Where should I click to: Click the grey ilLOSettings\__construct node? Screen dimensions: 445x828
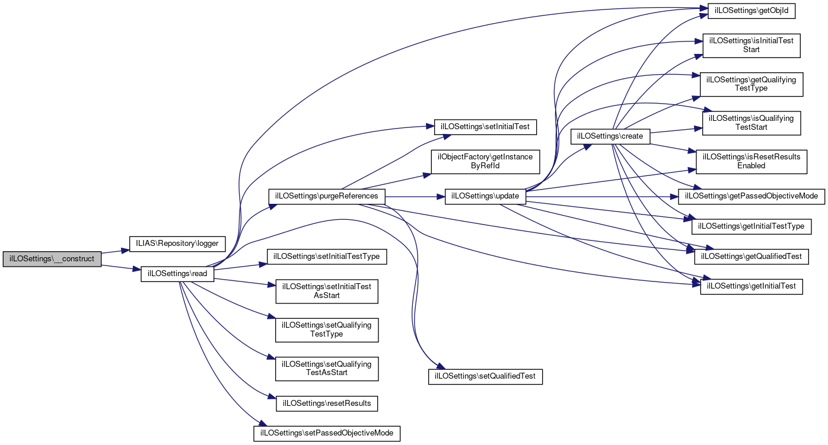pos(52,260)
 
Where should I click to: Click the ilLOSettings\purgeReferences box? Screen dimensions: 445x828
pos(327,196)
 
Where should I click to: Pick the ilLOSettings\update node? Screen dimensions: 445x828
pos(485,196)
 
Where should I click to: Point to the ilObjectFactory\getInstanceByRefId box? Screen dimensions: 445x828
pos(485,161)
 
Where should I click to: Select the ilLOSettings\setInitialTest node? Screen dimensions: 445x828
pos(486,127)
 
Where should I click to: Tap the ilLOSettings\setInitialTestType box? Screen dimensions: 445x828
pos(327,257)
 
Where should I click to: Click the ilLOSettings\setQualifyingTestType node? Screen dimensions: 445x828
pos(327,329)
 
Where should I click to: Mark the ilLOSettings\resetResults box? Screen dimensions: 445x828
pos(327,404)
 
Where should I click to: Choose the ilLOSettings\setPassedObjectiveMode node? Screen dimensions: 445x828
pos(327,433)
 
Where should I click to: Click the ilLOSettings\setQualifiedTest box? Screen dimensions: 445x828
pos(486,376)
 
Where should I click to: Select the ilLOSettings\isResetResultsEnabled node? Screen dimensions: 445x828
pos(751,161)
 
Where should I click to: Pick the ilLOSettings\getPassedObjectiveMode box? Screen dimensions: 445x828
pos(751,196)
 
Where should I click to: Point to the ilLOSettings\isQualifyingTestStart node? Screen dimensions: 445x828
pos(751,123)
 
